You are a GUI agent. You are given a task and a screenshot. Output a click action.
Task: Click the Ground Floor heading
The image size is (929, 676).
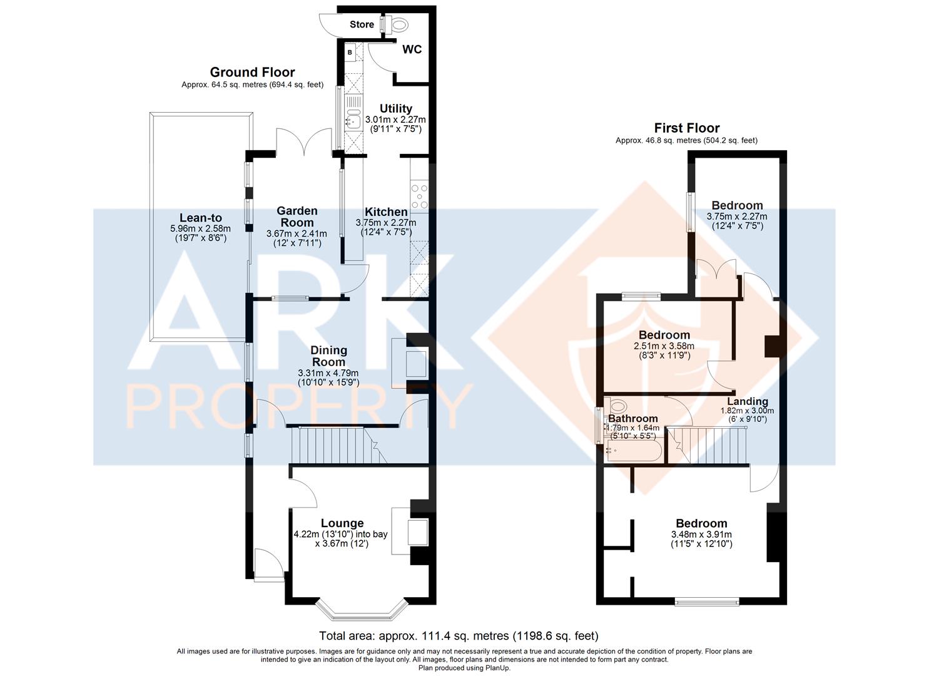point(252,72)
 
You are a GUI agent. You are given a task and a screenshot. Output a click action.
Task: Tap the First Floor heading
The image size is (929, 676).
point(687,128)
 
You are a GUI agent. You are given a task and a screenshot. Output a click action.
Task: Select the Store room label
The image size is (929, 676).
point(362,24)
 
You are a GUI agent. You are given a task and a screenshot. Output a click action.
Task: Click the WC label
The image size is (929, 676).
point(412,49)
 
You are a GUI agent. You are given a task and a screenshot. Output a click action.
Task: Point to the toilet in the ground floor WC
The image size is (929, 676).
point(395,24)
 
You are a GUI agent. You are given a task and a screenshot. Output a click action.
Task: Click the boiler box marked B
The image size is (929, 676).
point(350,53)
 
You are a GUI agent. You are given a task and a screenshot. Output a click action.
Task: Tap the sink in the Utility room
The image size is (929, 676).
point(353,121)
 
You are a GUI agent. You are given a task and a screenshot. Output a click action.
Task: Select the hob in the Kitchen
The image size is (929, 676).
point(419,196)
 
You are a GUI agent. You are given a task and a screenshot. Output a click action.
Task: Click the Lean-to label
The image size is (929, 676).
point(201,217)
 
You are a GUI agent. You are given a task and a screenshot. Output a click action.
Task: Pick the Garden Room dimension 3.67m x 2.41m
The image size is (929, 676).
point(297,233)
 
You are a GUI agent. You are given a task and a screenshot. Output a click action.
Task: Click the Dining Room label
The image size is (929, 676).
point(328,356)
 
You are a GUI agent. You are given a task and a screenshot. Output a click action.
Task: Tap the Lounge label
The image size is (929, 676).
point(342,523)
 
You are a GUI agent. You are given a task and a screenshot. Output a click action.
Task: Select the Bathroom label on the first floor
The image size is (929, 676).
point(633,418)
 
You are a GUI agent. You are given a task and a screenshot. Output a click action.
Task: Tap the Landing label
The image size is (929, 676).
point(748,401)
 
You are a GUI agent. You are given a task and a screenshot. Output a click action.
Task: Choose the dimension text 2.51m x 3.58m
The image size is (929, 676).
point(664,346)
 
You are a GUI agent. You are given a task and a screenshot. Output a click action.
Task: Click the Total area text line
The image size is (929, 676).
point(459,636)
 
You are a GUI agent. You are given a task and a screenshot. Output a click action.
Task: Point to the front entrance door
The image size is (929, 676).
point(269,565)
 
